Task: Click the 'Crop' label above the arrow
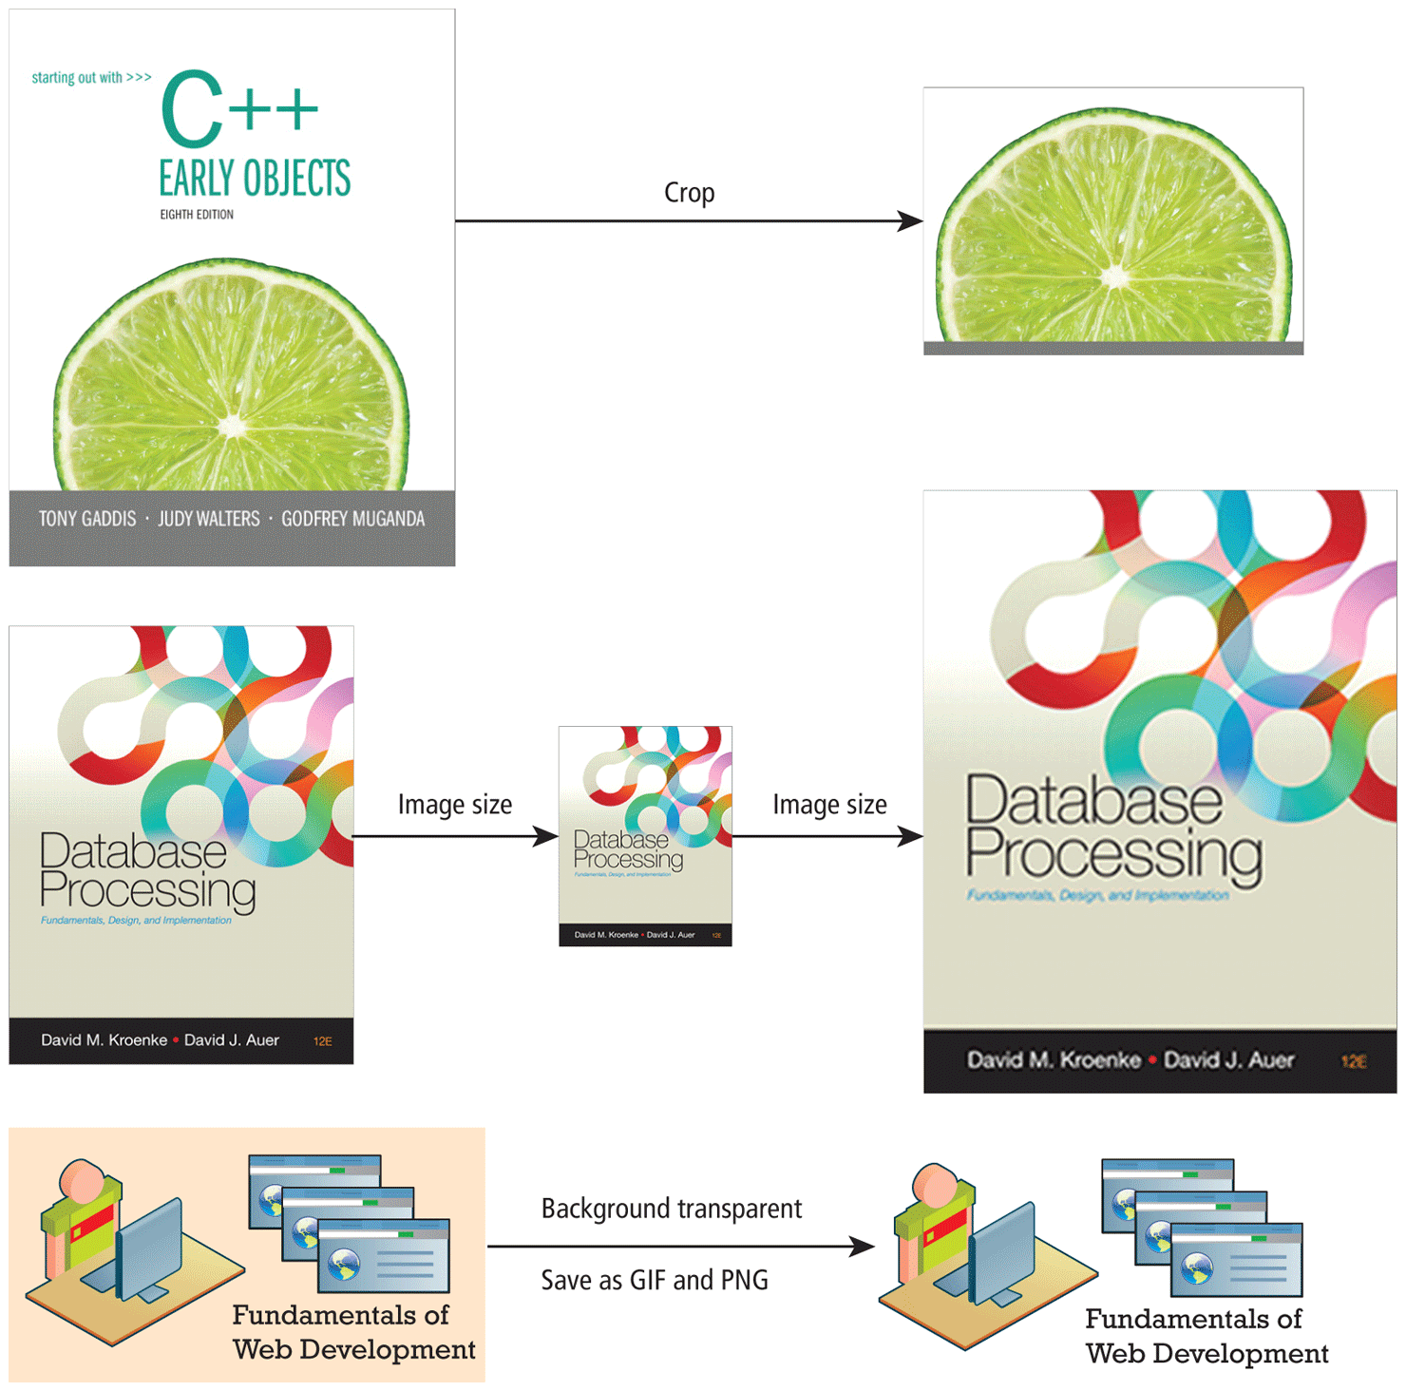point(689,193)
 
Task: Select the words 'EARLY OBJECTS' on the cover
point(255,178)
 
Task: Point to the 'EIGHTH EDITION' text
point(197,215)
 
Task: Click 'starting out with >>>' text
point(91,78)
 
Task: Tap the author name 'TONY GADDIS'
point(87,519)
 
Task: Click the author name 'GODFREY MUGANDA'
point(352,519)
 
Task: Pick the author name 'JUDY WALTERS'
point(208,519)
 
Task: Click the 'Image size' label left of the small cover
point(454,805)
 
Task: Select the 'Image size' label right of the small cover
point(829,805)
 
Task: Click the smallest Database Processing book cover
point(645,836)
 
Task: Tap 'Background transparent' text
point(671,1209)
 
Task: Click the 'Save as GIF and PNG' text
point(655,1281)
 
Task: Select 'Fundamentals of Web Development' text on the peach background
point(353,1332)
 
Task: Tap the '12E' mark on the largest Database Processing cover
point(1354,1061)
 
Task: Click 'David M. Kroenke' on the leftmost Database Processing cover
point(104,1040)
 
